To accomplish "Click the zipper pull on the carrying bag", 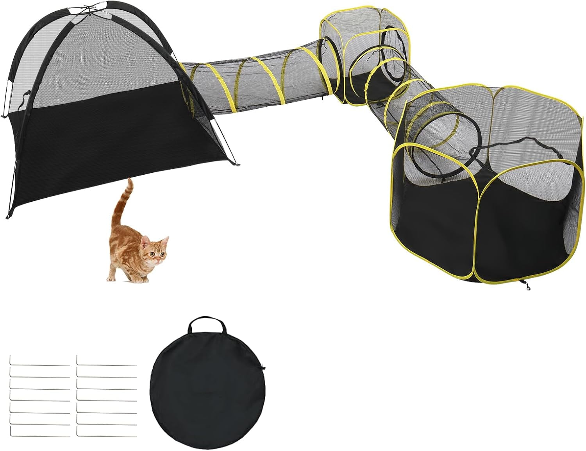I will pyautogui.click(x=263, y=368).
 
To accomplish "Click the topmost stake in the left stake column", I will pyautogui.click(x=39, y=365).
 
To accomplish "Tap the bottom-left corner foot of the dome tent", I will pyautogui.click(x=7, y=217).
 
